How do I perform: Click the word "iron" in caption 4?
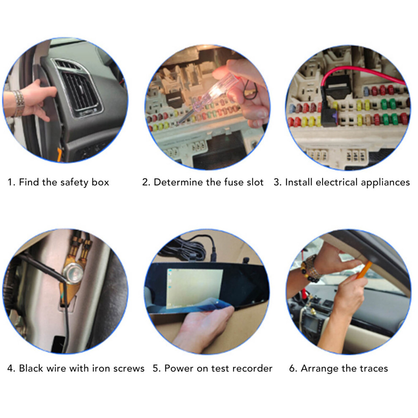tap(101, 368)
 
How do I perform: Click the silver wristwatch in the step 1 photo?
tap(18, 103)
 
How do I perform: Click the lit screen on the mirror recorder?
tap(195, 288)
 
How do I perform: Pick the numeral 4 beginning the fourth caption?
tap(10, 369)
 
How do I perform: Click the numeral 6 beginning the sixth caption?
tap(292, 369)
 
